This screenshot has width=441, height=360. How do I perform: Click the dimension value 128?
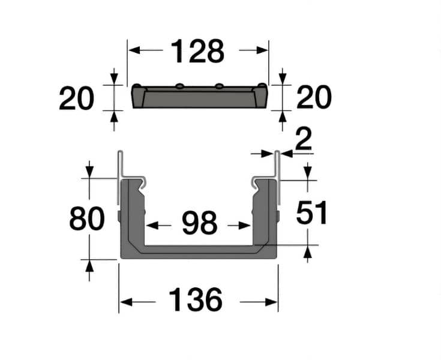[197, 52]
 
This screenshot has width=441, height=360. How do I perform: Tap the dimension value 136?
[196, 300]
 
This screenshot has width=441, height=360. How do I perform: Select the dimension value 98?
[199, 224]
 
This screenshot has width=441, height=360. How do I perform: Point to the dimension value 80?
[87, 219]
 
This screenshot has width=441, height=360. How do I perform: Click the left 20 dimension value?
[76, 98]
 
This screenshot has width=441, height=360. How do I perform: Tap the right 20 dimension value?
[314, 97]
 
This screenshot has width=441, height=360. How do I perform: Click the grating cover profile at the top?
[199, 98]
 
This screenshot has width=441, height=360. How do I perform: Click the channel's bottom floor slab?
[199, 252]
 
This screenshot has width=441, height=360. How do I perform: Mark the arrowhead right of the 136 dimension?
[274, 301]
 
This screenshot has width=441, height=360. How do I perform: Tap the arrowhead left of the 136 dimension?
[124, 301]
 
